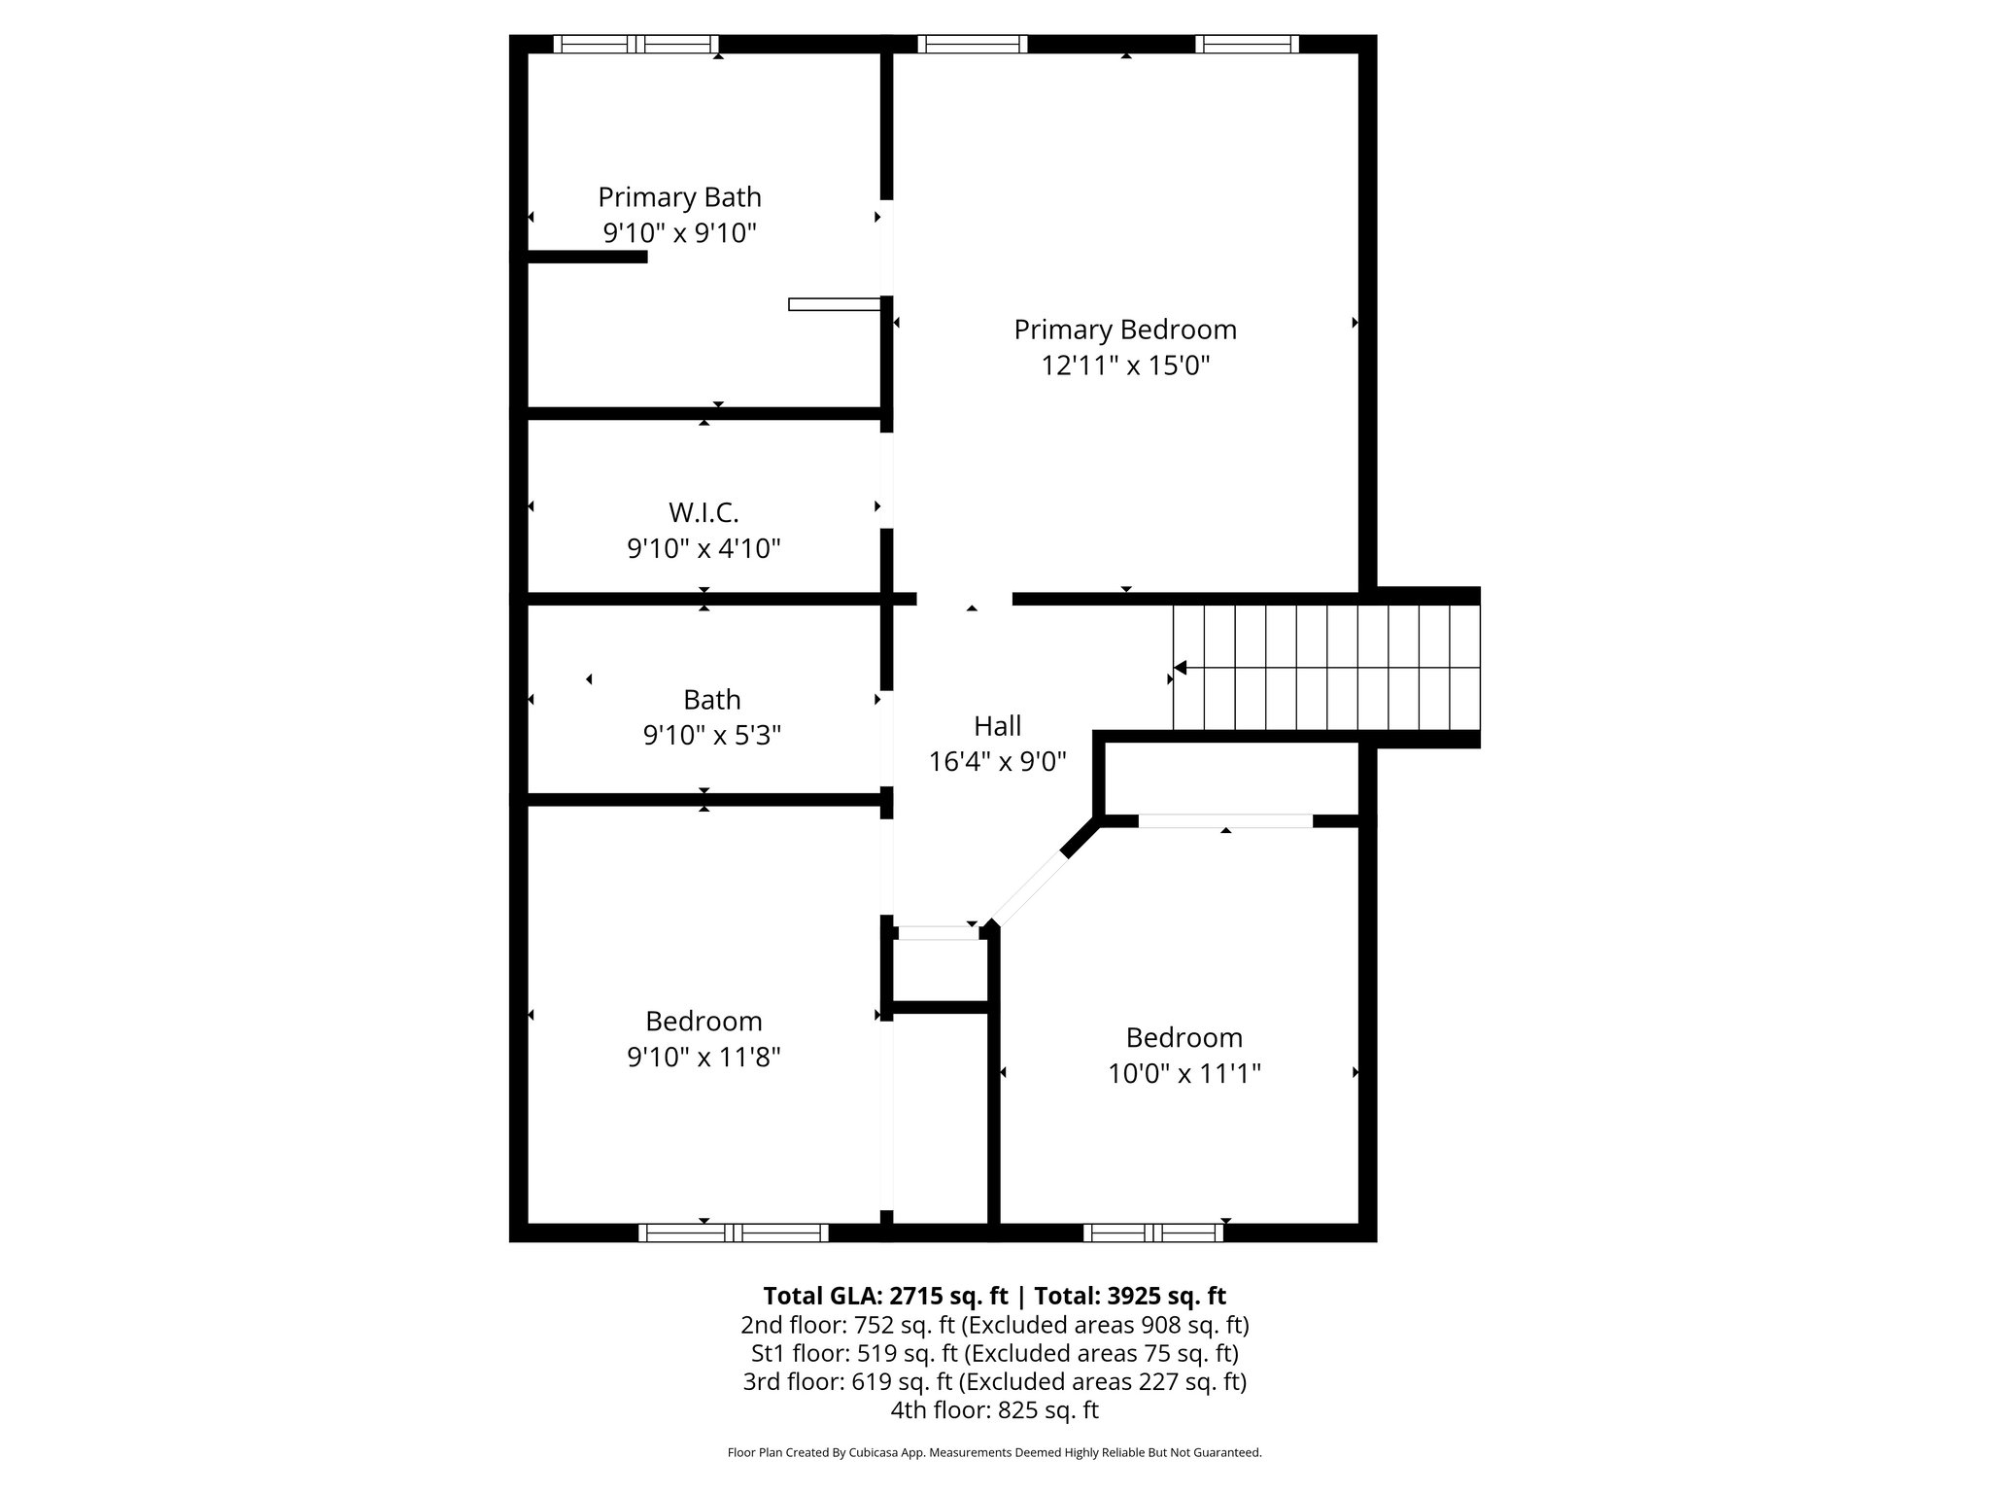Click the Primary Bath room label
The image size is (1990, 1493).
[679, 197]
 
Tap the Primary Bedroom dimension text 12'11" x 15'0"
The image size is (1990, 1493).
[1125, 366]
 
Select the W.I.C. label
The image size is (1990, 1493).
[703, 512]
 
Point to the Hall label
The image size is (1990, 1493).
[997, 726]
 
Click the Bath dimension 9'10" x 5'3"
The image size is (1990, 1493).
[711, 736]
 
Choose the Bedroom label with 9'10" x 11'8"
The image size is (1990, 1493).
[703, 1021]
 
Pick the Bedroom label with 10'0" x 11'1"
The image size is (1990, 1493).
[1184, 1037]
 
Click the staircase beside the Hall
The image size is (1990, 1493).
[1325, 668]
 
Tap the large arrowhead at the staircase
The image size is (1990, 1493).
[1181, 668]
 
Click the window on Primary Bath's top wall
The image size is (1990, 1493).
[636, 44]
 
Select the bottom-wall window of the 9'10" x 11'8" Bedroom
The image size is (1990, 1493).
[734, 1233]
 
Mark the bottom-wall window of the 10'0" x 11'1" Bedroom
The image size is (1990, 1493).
[1153, 1233]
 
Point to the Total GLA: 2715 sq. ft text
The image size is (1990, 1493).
[884, 1296]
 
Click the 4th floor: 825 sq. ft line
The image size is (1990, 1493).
[994, 1409]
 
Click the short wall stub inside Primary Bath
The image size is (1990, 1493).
[587, 257]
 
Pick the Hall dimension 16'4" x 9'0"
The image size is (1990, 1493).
[997, 762]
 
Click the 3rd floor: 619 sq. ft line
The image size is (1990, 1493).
[994, 1381]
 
